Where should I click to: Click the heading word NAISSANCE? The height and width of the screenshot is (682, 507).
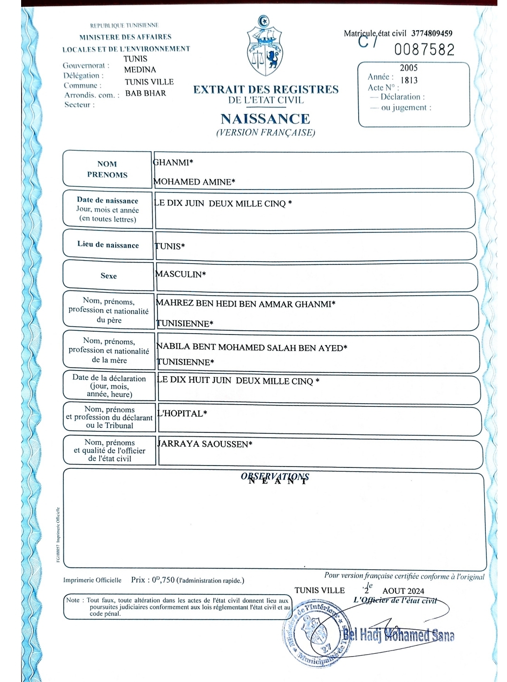[265, 119]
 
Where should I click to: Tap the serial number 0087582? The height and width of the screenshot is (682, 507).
[424, 49]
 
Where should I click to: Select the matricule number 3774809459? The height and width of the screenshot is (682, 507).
[432, 33]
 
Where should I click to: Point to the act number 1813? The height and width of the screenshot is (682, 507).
[409, 80]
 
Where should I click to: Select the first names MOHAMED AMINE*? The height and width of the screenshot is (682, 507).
[194, 181]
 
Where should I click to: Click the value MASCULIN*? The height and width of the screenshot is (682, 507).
[181, 274]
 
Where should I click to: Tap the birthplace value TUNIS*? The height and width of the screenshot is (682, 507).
[169, 246]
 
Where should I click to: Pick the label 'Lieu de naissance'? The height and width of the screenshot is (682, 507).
[108, 244]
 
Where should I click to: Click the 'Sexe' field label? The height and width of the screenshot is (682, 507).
[109, 275]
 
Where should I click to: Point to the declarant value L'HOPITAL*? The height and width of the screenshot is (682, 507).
[182, 413]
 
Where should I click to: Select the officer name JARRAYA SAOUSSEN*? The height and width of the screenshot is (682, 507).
[205, 444]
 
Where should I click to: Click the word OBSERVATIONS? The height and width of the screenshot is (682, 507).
[275, 476]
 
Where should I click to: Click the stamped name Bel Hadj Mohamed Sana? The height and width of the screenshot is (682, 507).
[398, 635]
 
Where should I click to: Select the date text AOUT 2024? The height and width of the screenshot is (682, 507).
[403, 591]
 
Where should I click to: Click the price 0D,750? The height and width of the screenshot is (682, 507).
[163, 580]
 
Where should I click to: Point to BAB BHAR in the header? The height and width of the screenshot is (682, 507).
[145, 93]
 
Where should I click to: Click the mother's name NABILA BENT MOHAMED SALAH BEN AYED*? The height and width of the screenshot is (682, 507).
[252, 347]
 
